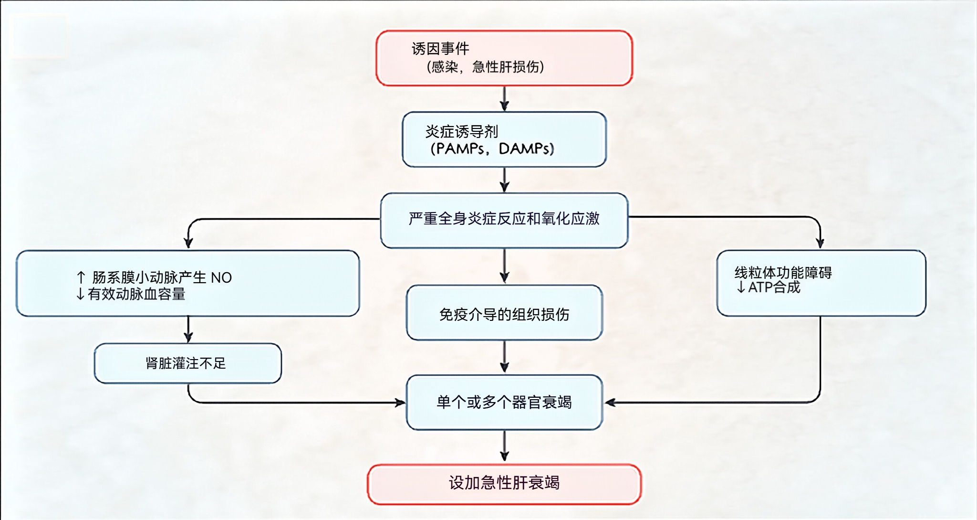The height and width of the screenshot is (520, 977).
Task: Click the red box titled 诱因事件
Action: click(504, 58)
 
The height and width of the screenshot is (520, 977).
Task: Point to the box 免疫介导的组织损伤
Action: click(504, 314)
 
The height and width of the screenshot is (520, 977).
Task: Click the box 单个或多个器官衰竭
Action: click(504, 402)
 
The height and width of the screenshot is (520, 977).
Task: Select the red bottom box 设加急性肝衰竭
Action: click(504, 483)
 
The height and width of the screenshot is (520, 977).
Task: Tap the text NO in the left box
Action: click(221, 277)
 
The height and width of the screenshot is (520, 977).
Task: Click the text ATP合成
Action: click(774, 287)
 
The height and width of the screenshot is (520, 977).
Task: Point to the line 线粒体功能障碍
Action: click(783, 273)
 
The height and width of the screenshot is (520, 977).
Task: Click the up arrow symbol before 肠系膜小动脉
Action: click(81, 277)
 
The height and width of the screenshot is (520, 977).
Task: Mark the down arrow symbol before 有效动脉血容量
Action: click(80, 294)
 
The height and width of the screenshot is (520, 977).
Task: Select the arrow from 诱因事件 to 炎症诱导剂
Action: click(504, 99)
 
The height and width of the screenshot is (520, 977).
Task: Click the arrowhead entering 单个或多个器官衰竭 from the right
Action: click(610, 403)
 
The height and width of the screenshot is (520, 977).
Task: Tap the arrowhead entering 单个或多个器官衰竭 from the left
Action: click(400, 403)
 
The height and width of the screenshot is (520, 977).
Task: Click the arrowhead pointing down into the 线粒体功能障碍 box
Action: click(820, 243)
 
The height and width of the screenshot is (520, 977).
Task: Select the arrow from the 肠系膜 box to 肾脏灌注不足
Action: click(188, 329)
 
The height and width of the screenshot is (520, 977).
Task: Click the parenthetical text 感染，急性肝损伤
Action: click(485, 67)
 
